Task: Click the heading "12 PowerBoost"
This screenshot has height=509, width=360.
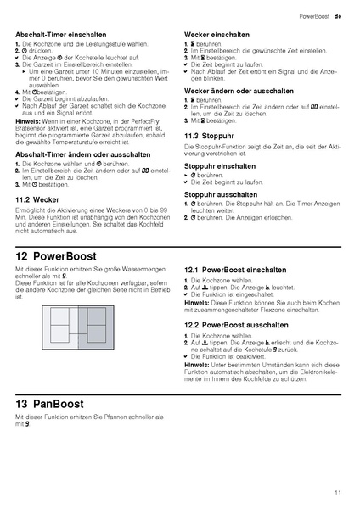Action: click(x=59, y=255)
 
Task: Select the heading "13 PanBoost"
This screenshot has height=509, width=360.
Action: click(x=54, y=404)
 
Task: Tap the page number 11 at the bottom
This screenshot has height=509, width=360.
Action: click(x=338, y=491)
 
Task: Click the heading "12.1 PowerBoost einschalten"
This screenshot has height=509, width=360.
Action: click(x=235, y=269)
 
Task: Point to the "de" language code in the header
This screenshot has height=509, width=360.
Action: click(x=337, y=16)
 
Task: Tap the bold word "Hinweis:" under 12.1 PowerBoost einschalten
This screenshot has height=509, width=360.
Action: click(x=197, y=302)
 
